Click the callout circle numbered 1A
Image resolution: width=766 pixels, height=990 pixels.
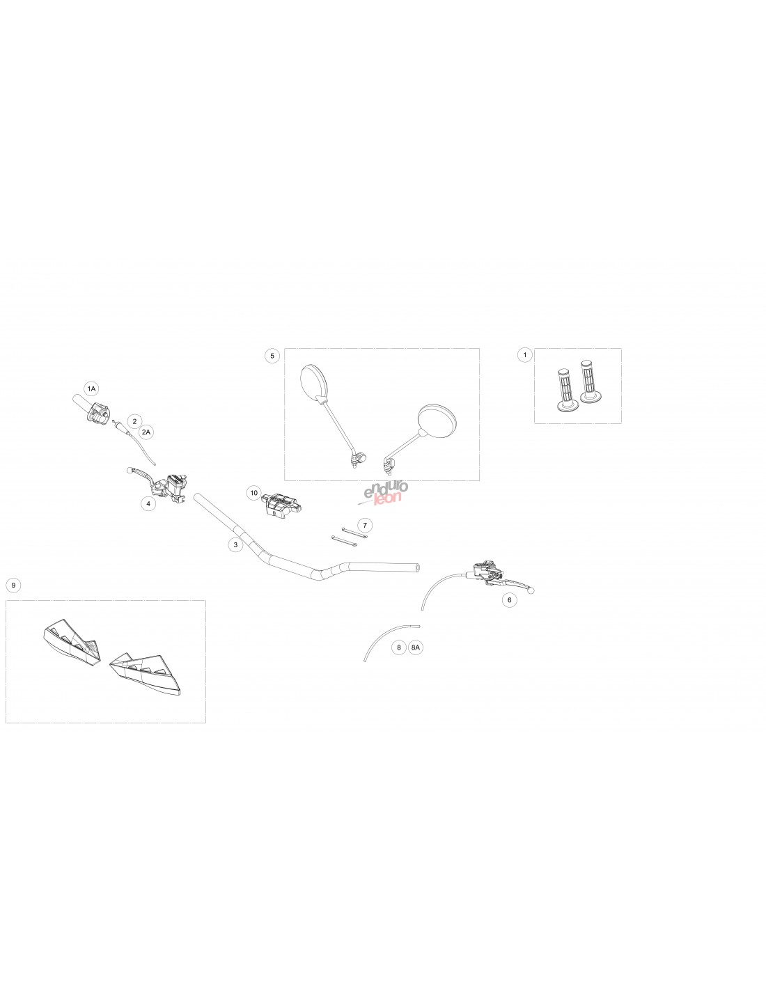pos(92,388)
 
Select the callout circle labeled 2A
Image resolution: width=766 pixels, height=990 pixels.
pos(146,432)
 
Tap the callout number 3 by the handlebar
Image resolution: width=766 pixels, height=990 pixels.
pos(235,544)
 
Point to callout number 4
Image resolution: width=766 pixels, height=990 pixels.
pos(148,503)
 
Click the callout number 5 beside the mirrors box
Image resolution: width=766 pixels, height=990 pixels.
pos(272,356)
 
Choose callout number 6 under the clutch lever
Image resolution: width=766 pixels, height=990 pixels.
pos(510,600)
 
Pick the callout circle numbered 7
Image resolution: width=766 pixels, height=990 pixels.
pos(364,526)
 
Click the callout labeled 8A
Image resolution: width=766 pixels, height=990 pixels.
pos(415,647)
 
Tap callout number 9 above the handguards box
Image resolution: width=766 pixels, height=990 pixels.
pos(14,586)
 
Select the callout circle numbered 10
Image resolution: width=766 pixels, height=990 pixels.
pos(254,493)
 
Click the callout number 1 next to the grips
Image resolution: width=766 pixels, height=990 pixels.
pos(525,354)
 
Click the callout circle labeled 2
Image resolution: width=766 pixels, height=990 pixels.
pos(134,421)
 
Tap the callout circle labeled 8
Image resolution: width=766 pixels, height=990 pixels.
pos(399,647)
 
